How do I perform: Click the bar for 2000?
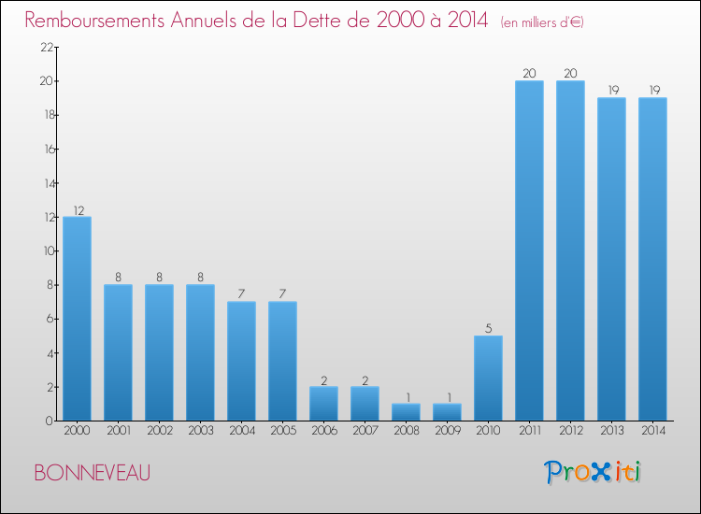tap(77, 319)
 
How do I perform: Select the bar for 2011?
tap(529, 250)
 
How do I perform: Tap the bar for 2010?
tap(488, 378)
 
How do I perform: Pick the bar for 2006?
tap(323, 404)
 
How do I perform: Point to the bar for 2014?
tap(652, 259)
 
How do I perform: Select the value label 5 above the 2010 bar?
tap(488, 329)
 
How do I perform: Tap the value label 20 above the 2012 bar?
tap(570, 74)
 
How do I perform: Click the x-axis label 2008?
tap(406, 430)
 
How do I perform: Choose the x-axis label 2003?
tap(200, 430)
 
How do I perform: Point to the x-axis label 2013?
tap(611, 430)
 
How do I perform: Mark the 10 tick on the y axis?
tap(46, 251)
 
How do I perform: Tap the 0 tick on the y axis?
tap(49, 421)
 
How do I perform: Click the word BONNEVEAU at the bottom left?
tap(92, 474)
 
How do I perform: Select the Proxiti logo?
tap(593, 472)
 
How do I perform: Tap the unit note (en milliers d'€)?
tap(542, 22)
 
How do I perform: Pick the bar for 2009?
tap(447, 412)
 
